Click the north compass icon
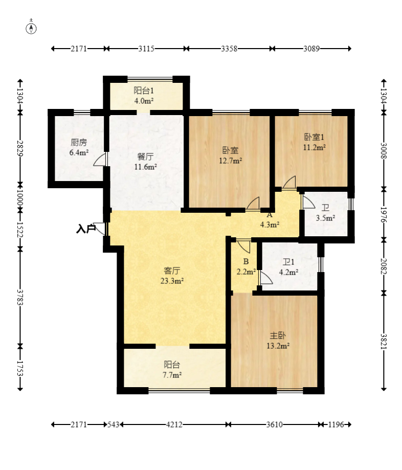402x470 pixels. tap(31, 27)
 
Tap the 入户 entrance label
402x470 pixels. tap(86, 229)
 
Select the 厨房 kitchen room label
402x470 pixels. tap(79, 142)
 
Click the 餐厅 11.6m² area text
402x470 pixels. tap(145, 162)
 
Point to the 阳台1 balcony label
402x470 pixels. tap(144, 91)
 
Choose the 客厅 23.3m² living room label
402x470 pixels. tap(172, 276)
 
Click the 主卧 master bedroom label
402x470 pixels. tap(278, 335)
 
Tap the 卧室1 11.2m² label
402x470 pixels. tap(314, 142)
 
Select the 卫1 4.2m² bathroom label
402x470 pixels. tap(288, 267)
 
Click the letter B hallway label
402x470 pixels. tap(246, 262)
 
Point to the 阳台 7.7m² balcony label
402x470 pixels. tap(172, 370)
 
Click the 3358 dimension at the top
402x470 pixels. tap(229, 49)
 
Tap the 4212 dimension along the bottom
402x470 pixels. tap(174, 424)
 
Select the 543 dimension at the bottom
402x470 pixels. tap(114, 424)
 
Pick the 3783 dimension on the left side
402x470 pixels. tap(20, 297)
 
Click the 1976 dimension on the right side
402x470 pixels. tap(384, 215)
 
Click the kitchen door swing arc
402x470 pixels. tap(100, 159)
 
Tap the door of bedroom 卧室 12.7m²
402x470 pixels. tap(253, 203)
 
